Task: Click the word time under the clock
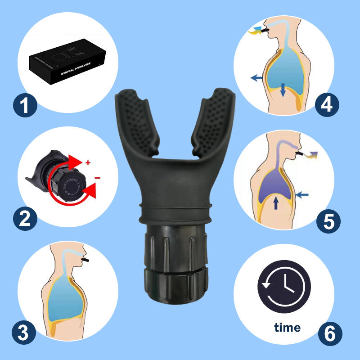tap(287, 327)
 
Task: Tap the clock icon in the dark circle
tap(284, 287)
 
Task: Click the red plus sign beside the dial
tap(88, 161)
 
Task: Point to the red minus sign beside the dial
tap(97, 178)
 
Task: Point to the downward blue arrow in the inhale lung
tap(283, 89)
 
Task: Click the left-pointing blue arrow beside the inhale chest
tap(256, 78)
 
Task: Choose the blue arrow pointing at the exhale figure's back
tap(303, 195)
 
